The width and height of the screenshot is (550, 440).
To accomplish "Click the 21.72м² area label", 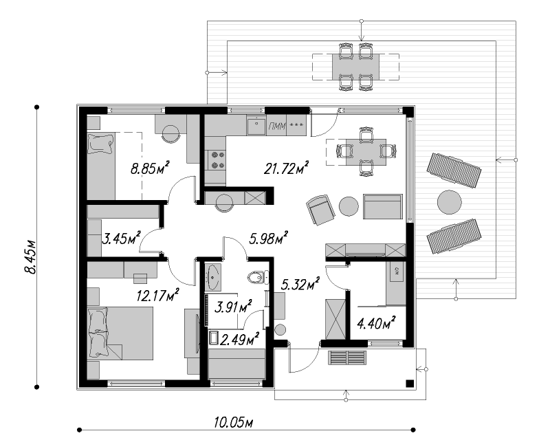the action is [286, 168].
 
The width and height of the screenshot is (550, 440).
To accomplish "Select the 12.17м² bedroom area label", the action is [158, 296].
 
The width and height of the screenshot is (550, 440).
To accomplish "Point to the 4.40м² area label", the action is [376, 323].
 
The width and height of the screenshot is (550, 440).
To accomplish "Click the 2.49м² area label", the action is [239, 340].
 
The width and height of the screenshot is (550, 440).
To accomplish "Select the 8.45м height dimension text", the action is [30, 256].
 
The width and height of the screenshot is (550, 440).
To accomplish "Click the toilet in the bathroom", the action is [258, 278].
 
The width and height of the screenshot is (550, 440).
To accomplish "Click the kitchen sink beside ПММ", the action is [256, 125].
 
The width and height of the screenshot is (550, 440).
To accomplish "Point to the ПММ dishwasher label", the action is [278, 126].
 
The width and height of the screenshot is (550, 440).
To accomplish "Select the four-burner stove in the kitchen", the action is [217, 159].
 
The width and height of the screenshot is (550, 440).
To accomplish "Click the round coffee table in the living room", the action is [349, 206].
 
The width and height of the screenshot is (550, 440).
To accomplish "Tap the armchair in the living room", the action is [320, 209].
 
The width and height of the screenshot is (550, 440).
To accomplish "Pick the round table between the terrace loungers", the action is [450, 202].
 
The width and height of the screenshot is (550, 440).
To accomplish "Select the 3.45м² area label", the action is [121, 239].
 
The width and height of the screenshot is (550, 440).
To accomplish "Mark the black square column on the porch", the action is [408, 383].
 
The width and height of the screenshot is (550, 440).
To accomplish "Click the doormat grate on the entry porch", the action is [348, 358].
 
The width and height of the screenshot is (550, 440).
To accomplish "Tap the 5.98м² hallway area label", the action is [269, 239].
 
